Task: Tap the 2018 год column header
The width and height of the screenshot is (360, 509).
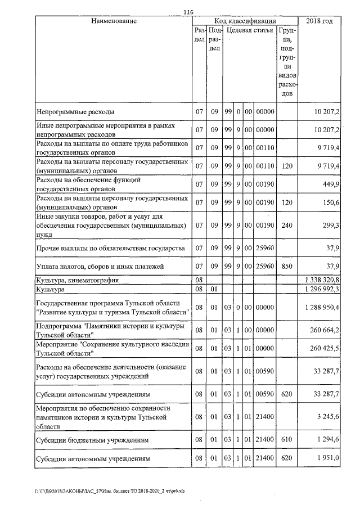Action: click(319, 21)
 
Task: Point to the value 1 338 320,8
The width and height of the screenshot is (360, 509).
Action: click(321, 279)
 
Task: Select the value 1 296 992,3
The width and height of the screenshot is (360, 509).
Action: click(321, 289)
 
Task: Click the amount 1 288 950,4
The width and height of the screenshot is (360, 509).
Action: click(321, 308)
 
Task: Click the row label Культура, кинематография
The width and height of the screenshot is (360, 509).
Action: click(78, 279)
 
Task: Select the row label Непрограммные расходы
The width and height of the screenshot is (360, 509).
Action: click(74, 111)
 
